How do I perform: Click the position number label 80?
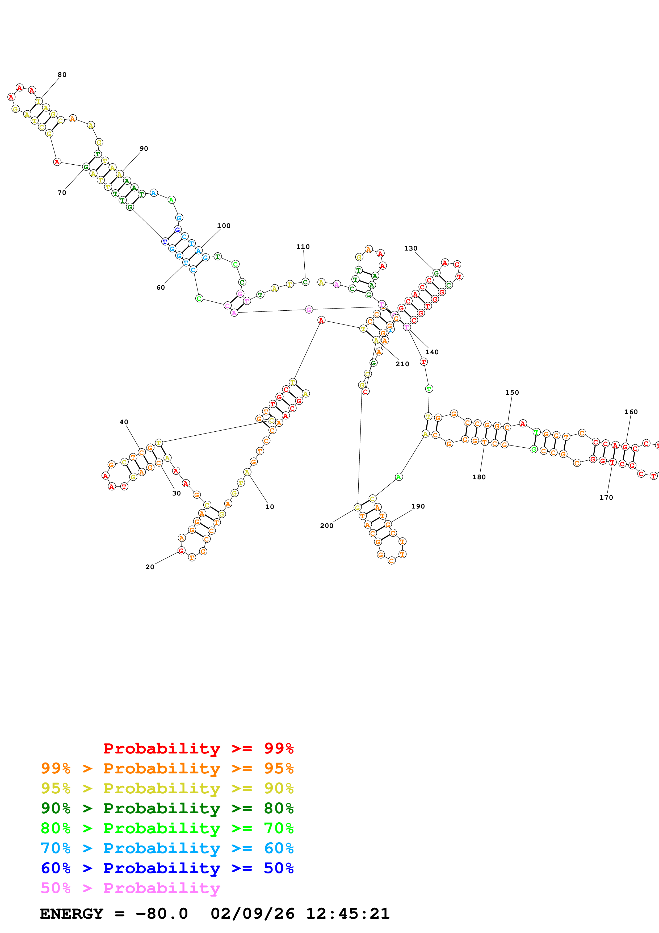(62, 75)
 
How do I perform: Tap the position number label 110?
(303, 247)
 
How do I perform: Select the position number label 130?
(410, 248)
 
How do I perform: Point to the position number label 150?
(512, 393)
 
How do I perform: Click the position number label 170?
(606, 497)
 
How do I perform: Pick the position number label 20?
(150, 567)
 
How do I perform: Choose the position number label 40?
(124, 422)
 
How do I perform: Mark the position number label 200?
(327, 526)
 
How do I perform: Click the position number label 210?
(402, 364)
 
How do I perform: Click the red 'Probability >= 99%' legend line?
(198, 748)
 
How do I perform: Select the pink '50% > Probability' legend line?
(130, 888)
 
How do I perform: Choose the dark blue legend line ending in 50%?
(167, 868)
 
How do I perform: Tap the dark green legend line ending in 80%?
(167, 808)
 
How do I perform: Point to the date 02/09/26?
(252, 914)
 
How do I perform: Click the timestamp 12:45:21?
(347, 914)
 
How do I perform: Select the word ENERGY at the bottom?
(72, 914)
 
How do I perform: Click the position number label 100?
(224, 226)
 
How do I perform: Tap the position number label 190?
(418, 506)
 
